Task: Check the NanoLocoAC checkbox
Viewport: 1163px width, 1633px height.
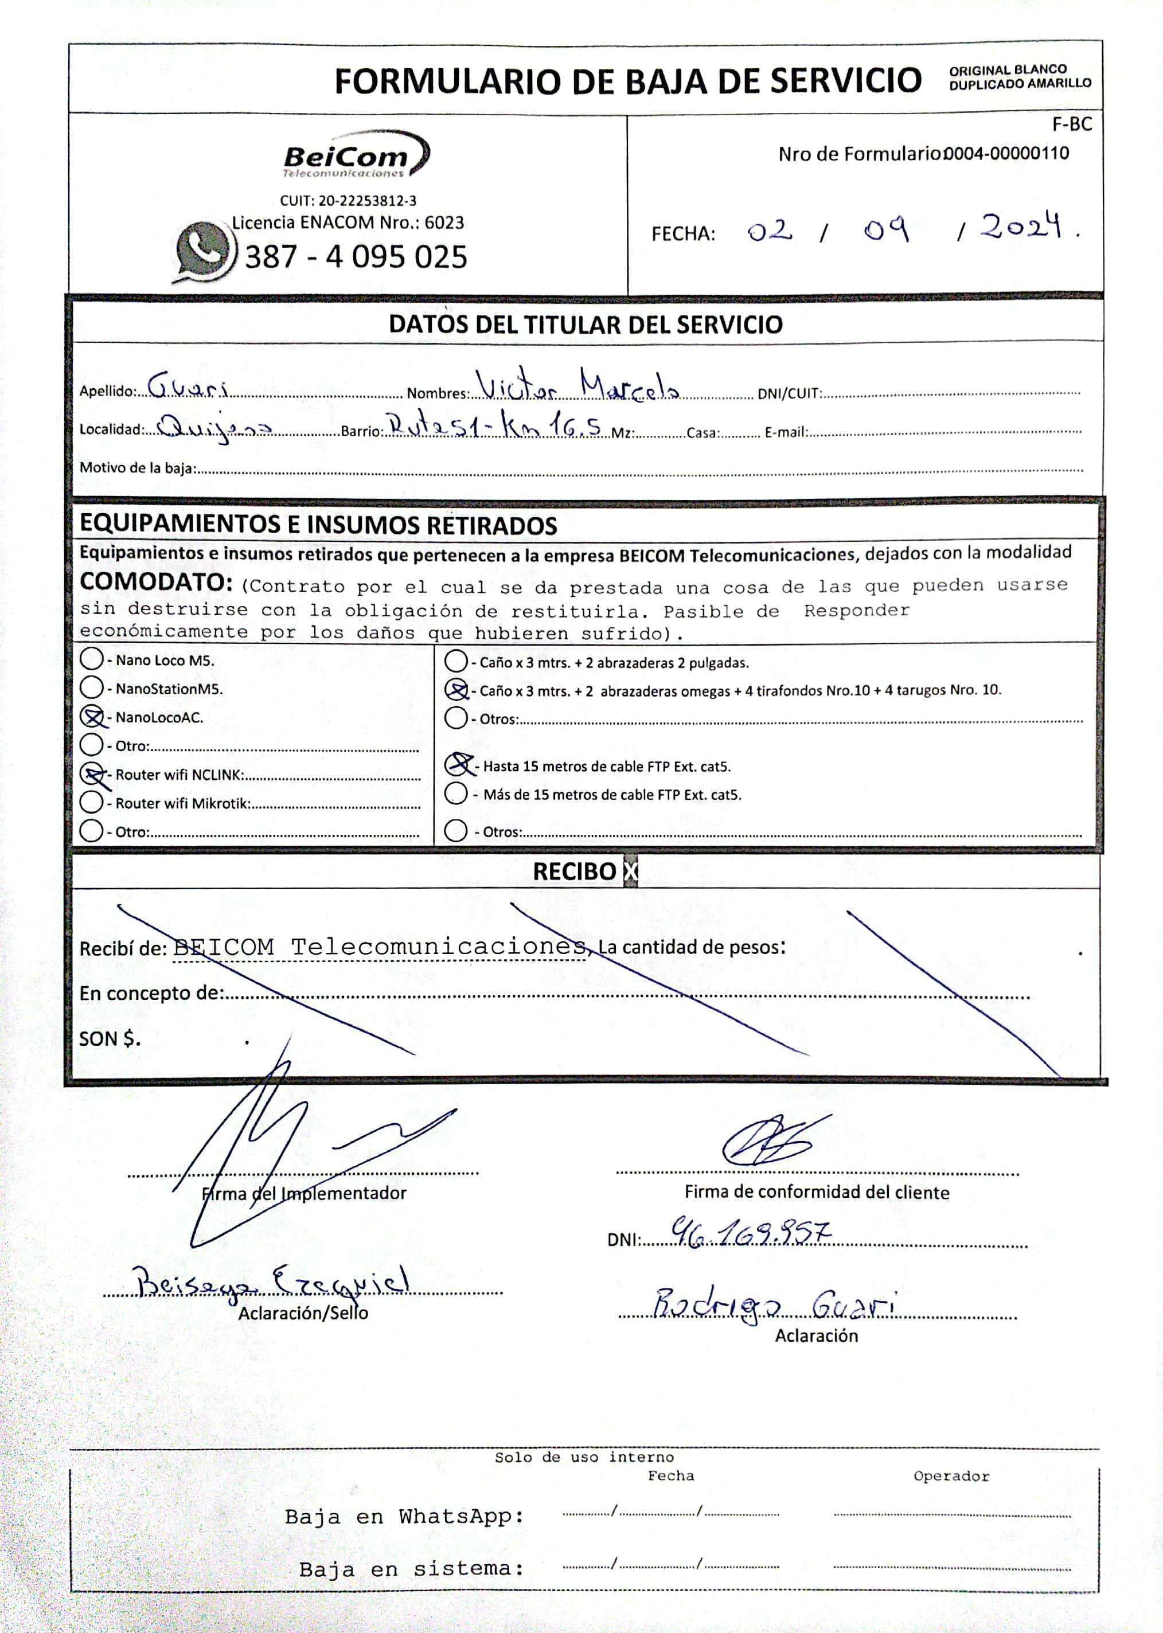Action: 92,717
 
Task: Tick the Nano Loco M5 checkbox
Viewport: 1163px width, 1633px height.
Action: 92,659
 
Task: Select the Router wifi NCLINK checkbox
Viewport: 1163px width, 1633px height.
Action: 92,774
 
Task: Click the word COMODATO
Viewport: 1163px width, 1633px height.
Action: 155,582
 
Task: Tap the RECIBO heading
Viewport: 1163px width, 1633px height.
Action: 575,872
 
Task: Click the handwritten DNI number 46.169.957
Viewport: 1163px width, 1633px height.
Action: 751,1233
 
